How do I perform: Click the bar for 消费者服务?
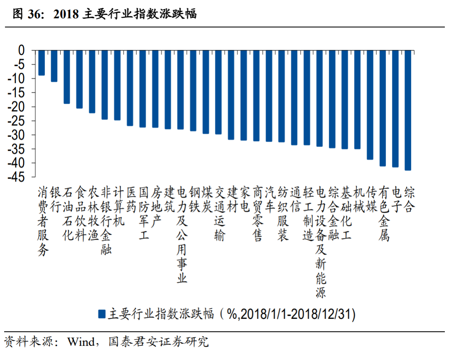pos(42,63)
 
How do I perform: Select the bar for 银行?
pos(54,66)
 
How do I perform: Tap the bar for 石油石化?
pos(67,77)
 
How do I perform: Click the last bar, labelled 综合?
pos(408,110)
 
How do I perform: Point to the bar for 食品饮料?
pos(79,79)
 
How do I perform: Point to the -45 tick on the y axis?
pos(17,177)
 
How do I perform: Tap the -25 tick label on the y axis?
pos(17,121)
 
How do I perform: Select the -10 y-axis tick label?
pos(17,79)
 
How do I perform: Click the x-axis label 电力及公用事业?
pos(182,235)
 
